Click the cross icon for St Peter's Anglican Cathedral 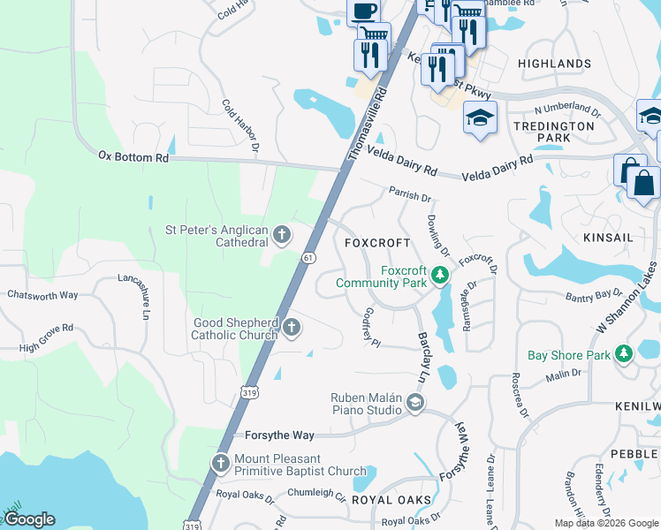point(282,235)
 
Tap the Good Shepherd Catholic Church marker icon point(291,329)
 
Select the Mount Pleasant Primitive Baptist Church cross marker point(221,463)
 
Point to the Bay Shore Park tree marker point(625,354)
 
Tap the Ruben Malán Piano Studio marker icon point(414,404)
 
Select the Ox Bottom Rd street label point(133,157)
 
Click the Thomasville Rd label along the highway point(368,123)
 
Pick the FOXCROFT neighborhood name point(377,243)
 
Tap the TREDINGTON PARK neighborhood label point(554,132)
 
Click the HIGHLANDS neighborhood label point(554,64)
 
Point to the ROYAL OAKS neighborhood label point(391,500)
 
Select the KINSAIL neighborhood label point(610,238)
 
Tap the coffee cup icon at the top point(364,11)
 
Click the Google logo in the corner point(30,519)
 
